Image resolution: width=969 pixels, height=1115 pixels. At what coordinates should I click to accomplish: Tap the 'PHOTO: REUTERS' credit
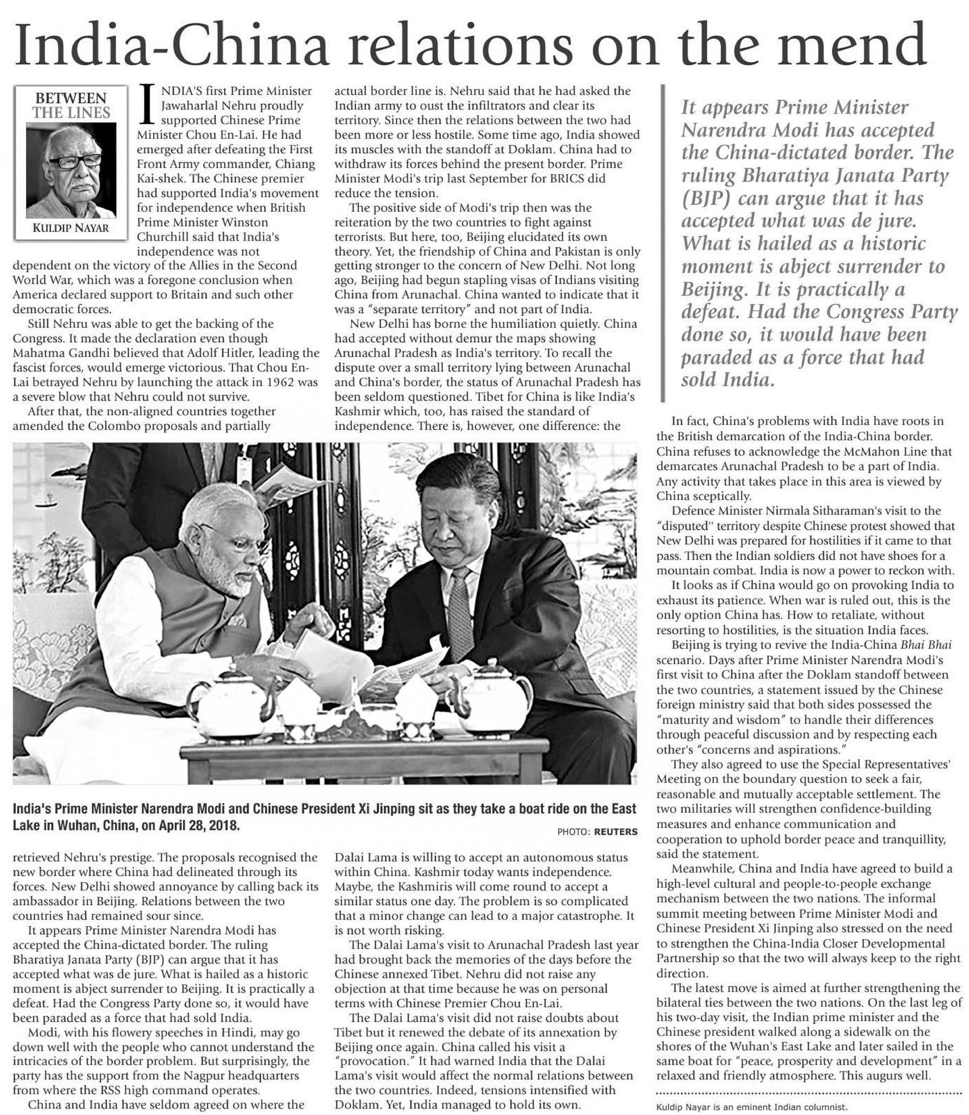(597, 832)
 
